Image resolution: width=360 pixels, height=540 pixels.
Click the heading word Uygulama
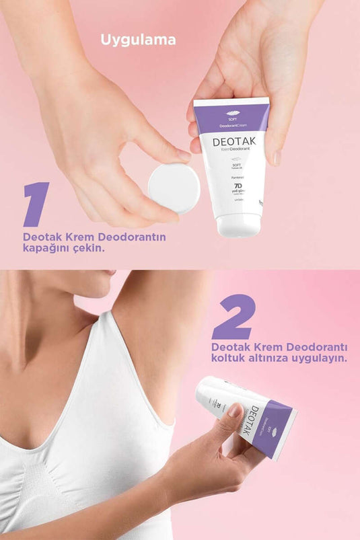click(x=138, y=40)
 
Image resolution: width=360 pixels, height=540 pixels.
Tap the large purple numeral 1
click(x=36, y=204)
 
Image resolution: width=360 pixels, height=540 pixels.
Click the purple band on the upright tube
click(x=231, y=114)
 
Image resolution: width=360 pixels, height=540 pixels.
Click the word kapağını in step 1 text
click(x=44, y=248)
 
